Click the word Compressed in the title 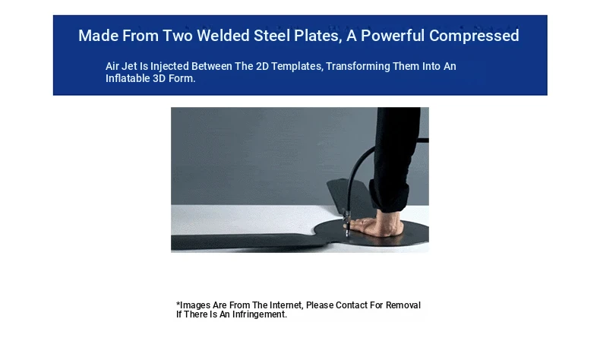coord(474,36)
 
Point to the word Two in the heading coord(178,36)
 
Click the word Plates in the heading coord(317,36)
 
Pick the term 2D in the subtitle coord(262,66)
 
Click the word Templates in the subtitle coord(297,67)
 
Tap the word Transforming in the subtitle coord(358,67)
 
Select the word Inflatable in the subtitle coord(128,78)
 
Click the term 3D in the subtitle coord(159,78)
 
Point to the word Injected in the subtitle coord(169,67)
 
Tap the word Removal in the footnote coord(403,305)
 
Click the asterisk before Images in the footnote coord(178,304)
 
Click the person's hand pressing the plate coord(377,226)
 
